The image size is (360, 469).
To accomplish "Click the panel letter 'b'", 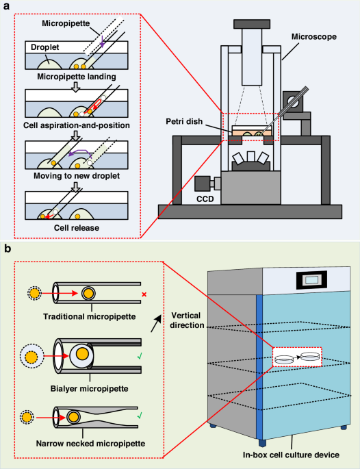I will (8, 244).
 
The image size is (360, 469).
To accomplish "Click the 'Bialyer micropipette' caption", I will (83, 380).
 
